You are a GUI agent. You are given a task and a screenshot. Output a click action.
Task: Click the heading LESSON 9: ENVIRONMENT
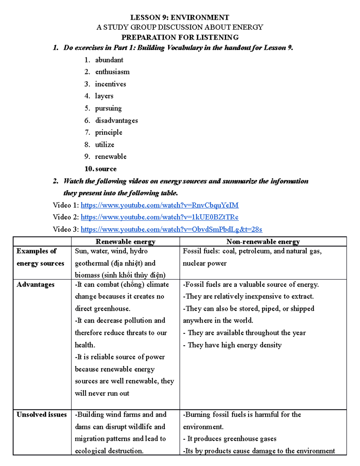(180, 17)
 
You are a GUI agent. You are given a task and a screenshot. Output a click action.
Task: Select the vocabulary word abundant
(109, 60)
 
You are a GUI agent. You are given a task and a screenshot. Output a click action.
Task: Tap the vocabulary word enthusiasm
(112, 72)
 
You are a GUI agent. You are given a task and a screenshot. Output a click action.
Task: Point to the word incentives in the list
(110, 84)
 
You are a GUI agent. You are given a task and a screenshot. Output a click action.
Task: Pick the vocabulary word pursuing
(108, 108)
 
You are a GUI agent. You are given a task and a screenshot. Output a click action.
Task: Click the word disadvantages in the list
(116, 121)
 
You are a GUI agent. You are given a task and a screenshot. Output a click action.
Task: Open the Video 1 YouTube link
(160, 205)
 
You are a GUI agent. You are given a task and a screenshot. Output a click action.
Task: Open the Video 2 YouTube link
(160, 217)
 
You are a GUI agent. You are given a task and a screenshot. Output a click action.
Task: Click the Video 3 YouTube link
(171, 230)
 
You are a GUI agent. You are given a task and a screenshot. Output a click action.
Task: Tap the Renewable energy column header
(125, 242)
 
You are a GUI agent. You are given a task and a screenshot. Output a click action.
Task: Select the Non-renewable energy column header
(263, 242)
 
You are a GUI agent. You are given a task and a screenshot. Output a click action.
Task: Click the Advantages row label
(35, 285)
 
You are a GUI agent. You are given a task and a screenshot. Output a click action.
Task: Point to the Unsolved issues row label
(41, 415)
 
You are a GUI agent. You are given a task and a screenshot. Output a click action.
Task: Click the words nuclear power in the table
(205, 263)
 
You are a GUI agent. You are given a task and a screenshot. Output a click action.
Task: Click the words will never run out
(102, 393)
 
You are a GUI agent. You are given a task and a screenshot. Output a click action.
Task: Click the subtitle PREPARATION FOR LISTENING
(180, 38)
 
